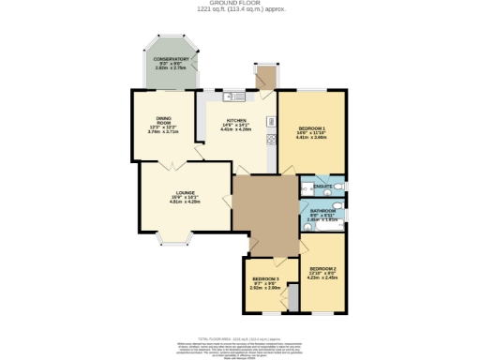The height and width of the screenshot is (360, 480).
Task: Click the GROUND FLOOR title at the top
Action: pyautogui.click(x=240, y=4)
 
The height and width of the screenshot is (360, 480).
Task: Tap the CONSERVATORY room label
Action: pyautogui.click(x=172, y=58)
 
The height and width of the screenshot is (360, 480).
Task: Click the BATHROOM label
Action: pyautogui.click(x=323, y=212)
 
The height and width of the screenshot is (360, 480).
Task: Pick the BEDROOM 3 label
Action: pyautogui.click(x=265, y=278)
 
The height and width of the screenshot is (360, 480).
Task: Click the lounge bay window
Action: pyautogui.click(x=175, y=242)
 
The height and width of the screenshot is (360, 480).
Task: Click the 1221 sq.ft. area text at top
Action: pyautogui.click(x=239, y=10)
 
